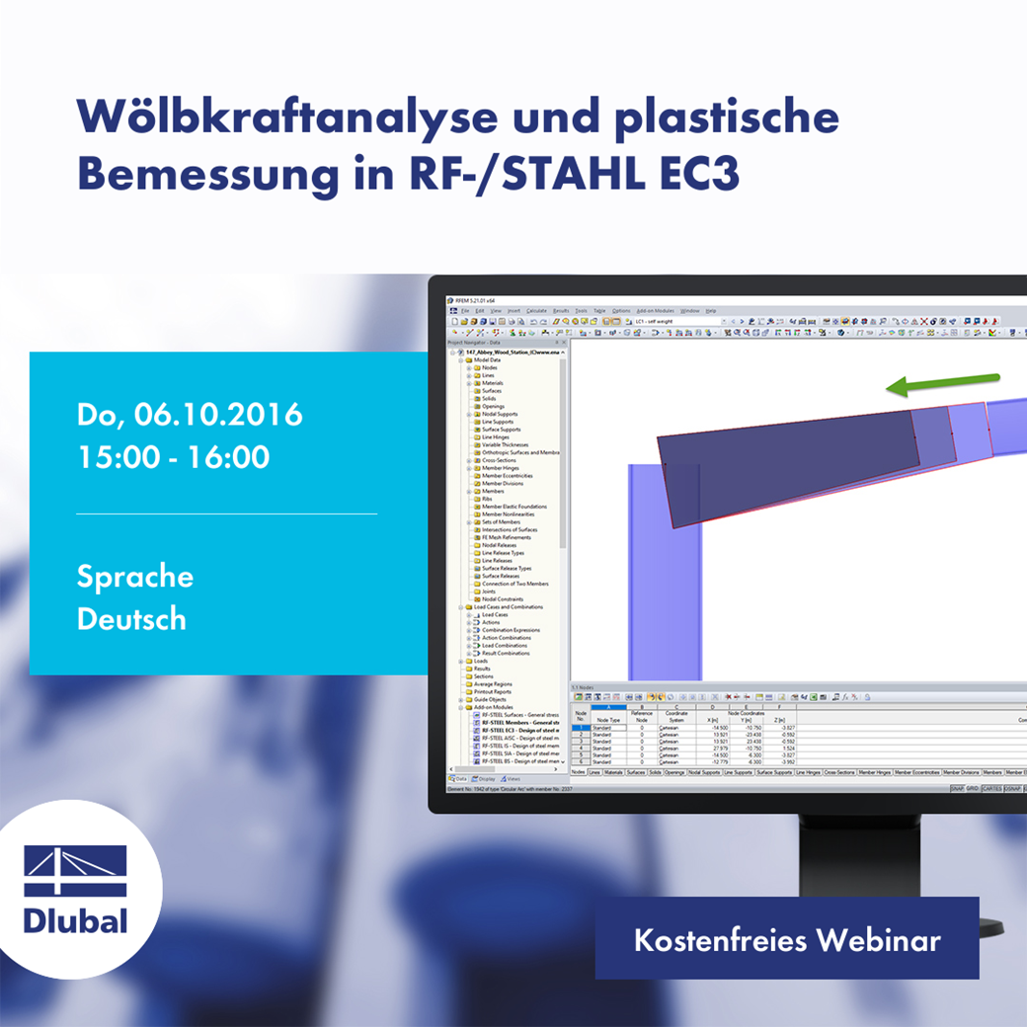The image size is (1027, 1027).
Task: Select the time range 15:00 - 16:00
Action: coord(174,457)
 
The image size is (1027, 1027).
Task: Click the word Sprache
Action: coord(135,577)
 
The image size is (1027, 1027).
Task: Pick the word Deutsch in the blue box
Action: coord(131,619)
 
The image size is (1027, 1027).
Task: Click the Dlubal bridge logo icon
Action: coord(75,871)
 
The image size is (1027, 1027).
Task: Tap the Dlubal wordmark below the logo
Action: coord(76,921)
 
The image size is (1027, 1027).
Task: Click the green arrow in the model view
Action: coord(943,383)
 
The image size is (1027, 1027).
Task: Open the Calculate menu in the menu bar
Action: coord(536,311)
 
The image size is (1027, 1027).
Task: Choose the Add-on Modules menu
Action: coord(654,311)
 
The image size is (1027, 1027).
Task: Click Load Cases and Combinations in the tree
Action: coord(508,607)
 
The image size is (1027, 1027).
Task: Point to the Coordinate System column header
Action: coord(675,717)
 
